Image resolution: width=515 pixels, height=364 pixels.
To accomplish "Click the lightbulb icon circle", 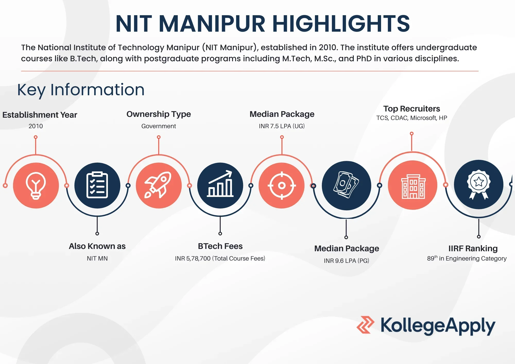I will click(x=36, y=185).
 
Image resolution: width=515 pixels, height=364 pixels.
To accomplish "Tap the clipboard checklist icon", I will click(x=97, y=185).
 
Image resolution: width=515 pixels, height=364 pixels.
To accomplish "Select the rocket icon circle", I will click(x=159, y=185).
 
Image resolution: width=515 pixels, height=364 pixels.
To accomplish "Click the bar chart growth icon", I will click(x=220, y=185).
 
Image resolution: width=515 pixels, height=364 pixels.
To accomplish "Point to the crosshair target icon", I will click(x=282, y=185).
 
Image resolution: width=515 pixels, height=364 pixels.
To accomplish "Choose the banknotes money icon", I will click(x=346, y=185).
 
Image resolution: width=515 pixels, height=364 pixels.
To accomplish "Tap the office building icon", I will click(x=413, y=185).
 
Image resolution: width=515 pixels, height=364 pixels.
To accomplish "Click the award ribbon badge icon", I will click(x=478, y=185).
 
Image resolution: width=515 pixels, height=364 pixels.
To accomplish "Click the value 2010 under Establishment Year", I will click(x=36, y=126).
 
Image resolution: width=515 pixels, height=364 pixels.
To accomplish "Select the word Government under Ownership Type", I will click(x=159, y=126).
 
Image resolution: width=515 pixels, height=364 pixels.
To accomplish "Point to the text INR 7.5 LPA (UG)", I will click(x=282, y=126).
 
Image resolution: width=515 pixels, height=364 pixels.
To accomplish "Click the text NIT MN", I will click(x=97, y=258).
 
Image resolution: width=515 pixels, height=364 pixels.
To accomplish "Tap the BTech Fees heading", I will click(x=220, y=246).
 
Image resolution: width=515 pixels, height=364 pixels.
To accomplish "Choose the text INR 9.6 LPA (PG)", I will click(x=346, y=261).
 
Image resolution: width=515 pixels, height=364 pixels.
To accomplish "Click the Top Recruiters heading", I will click(x=411, y=109).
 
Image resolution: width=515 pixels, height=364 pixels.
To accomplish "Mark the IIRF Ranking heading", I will click(x=473, y=248).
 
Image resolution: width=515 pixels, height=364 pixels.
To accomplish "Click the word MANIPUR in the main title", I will click(x=212, y=24).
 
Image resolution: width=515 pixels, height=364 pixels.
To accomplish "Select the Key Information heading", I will click(x=81, y=90).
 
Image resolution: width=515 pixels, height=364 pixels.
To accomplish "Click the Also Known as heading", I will click(x=97, y=246).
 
